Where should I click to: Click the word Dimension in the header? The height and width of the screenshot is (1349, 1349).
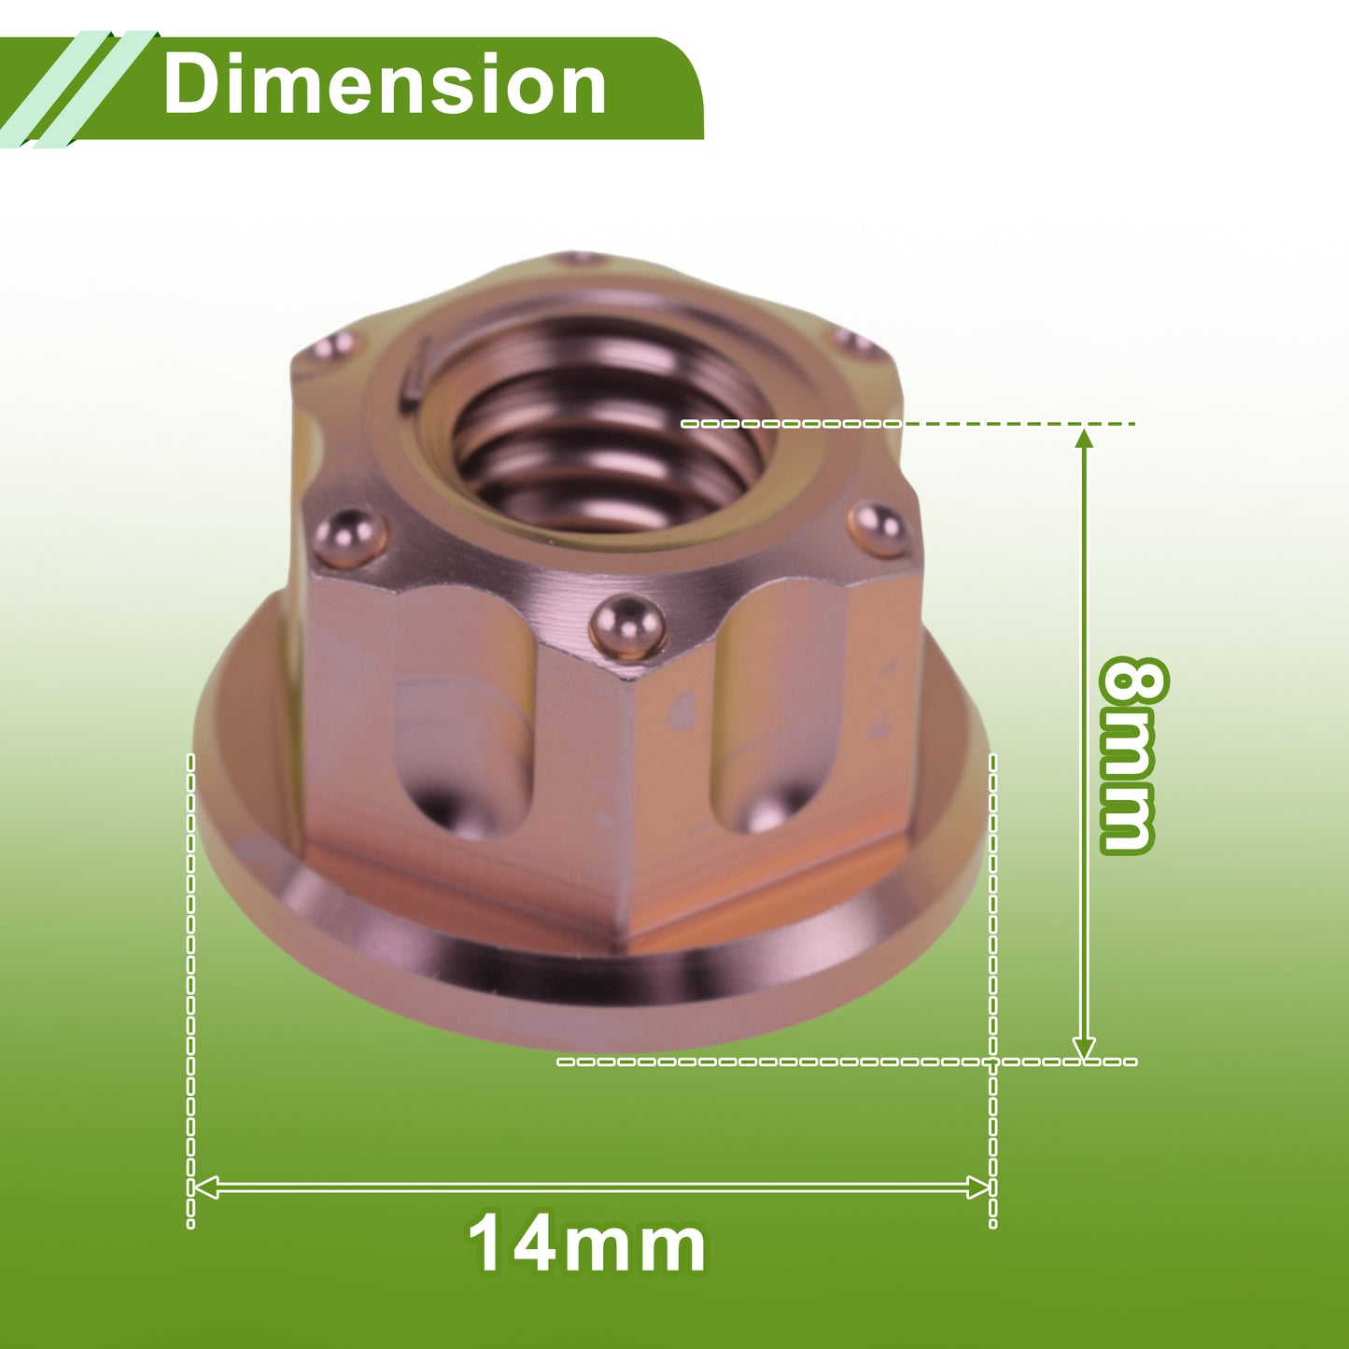(385, 85)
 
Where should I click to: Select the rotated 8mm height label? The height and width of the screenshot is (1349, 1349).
(1129, 756)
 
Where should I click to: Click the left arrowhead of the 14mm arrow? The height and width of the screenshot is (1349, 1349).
(205, 1187)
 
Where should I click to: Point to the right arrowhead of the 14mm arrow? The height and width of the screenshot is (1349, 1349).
(978, 1187)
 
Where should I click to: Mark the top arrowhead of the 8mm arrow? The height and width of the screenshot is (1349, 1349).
(1084, 440)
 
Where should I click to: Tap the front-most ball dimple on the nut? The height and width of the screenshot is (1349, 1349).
(627, 627)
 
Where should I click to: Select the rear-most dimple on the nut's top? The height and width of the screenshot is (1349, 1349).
(583, 259)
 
